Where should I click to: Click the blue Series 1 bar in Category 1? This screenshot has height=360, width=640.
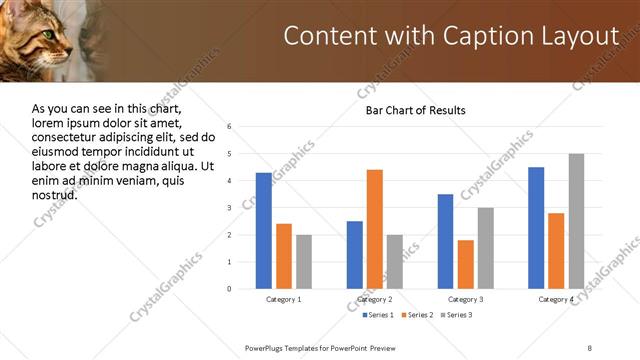(263, 231)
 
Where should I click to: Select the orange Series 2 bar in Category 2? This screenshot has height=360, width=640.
(375, 229)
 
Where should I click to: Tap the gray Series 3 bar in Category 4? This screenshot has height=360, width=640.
(576, 221)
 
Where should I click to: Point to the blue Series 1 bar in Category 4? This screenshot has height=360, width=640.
(536, 228)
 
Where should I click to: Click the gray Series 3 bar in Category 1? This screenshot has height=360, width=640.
(303, 262)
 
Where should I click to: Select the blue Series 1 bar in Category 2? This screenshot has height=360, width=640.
(355, 255)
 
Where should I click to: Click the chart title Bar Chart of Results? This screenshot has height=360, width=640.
(415, 110)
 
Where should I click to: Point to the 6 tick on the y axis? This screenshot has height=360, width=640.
(230, 127)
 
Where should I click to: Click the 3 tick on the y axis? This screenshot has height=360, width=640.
(230, 208)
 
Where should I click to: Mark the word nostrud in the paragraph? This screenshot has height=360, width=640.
(55, 194)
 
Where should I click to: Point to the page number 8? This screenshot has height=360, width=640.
(589, 347)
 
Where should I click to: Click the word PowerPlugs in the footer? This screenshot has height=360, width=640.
(269, 347)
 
